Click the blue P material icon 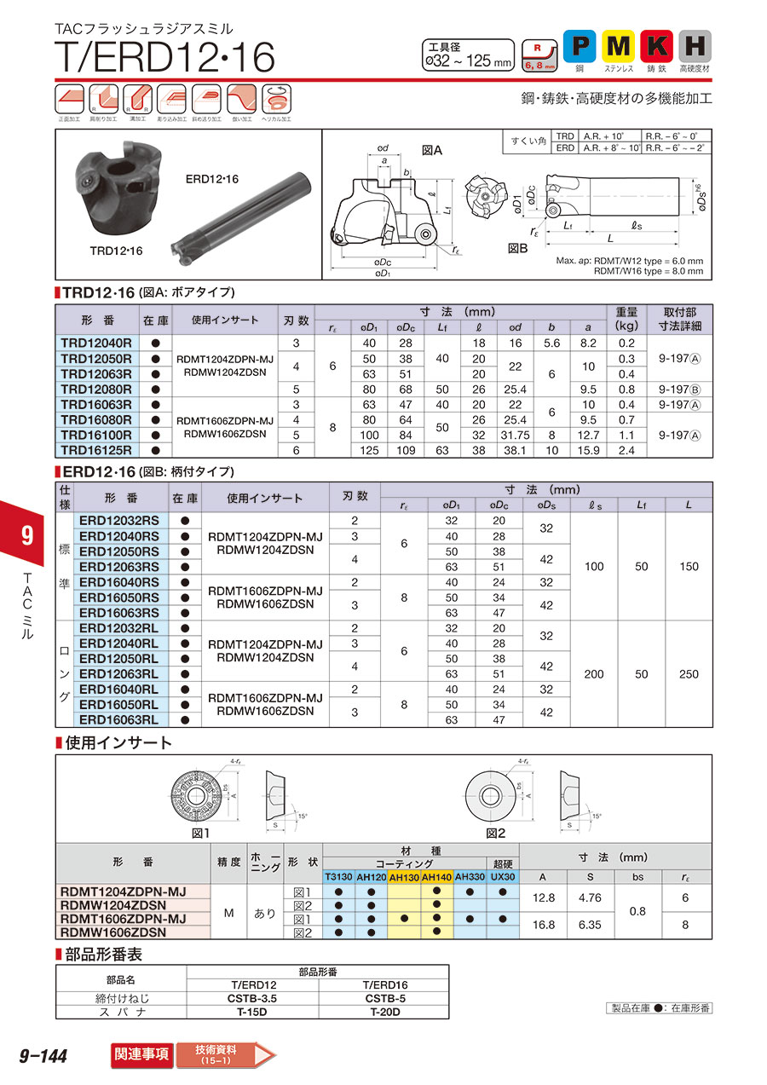(580, 45)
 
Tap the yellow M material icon (619, 45)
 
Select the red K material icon (657, 45)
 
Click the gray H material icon (695, 45)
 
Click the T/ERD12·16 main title (165, 57)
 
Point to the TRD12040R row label (96, 343)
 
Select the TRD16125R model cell (96, 450)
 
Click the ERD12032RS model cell (118, 521)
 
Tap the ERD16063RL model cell (118, 720)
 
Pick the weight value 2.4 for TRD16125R (626, 450)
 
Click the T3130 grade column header (338, 877)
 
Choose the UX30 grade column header (503, 877)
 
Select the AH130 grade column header (404, 877)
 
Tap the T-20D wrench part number (384, 1012)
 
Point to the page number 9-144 (43, 1056)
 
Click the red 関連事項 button (141, 1054)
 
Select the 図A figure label (433, 150)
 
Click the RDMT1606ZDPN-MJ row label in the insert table (123, 919)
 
